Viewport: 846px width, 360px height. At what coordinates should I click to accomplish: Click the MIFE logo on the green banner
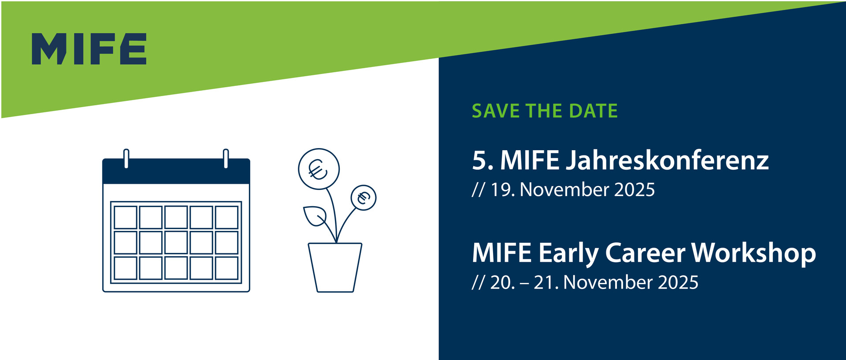tap(89, 48)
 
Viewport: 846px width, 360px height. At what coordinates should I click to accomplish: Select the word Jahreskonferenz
tap(667, 161)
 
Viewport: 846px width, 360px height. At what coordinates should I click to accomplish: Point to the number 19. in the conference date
tap(503, 190)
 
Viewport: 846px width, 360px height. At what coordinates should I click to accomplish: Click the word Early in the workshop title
tap(568, 254)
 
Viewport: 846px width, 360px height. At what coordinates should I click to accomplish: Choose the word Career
tap(646, 253)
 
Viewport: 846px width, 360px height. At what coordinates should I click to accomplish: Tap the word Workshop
tap(754, 254)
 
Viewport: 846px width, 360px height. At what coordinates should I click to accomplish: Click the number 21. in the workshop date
tap(546, 282)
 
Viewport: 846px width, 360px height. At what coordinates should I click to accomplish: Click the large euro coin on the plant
tap(319, 169)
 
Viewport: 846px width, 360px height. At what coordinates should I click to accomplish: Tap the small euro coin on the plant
tap(364, 197)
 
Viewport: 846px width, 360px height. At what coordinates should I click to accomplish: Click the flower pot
tap(335, 267)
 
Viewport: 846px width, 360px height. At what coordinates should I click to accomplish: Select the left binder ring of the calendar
tap(126, 159)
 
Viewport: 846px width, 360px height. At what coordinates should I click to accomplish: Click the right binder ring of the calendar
tap(226, 159)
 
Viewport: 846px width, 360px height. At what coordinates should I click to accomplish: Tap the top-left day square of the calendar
tap(126, 217)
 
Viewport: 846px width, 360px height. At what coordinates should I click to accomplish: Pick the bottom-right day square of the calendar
tap(227, 268)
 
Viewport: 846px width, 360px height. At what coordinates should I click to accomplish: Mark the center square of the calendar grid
tap(176, 242)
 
